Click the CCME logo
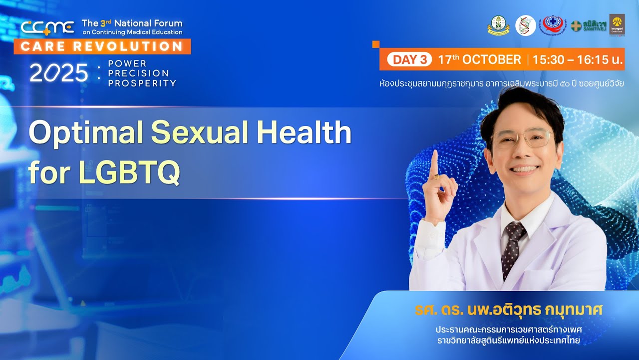pyautogui.click(x=48, y=27)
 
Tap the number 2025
pyautogui.click(x=59, y=73)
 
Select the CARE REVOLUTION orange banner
pyautogui.click(x=102, y=46)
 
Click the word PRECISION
pyautogui.click(x=138, y=73)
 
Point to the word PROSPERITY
pyautogui.click(x=142, y=83)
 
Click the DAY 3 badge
pyautogui.click(x=409, y=59)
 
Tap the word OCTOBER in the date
pyautogui.click(x=491, y=59)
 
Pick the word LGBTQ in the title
pyautogui.click(x=129, y=172)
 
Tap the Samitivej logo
pyautogui.click(x=589, y=25)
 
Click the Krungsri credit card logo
pyautogui.click(x=617, y=24)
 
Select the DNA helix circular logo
pyautogui.click(x=525, y=25)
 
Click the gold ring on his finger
pyautogui.click(x=436, y=176)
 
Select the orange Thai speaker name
pyautogui.click(x=509, y=310)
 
